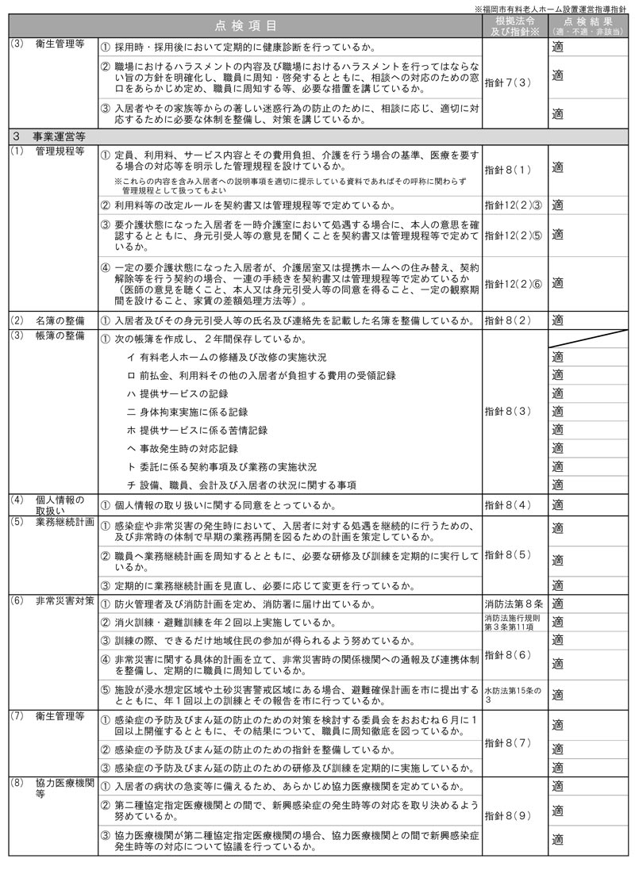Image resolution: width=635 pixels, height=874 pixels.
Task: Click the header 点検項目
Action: tap(250, 25)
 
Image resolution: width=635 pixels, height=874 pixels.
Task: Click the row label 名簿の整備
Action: tap(59, 320)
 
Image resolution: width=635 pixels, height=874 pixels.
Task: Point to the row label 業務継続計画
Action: tap(63, 523)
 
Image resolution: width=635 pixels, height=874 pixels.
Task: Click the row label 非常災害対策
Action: tap(63, 604)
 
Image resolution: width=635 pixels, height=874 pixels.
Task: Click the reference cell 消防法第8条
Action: tap(514, 604)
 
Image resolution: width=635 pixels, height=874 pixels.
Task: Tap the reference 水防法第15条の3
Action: tap(514, 695)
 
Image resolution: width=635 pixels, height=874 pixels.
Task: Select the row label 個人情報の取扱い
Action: tap(59, 504)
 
